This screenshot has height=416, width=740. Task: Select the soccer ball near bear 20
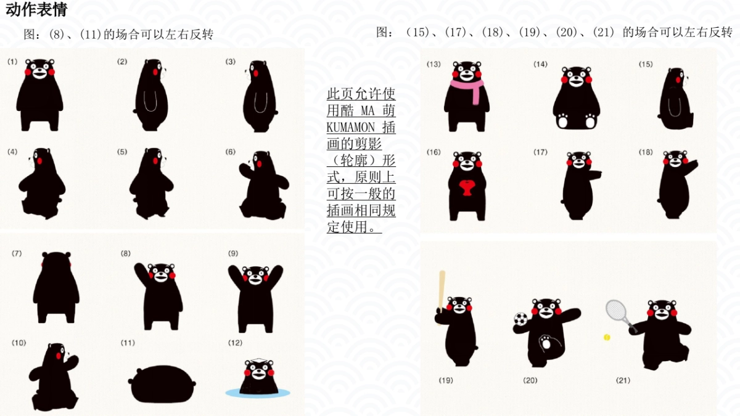point(520,319)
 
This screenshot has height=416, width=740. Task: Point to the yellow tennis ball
point(607,338)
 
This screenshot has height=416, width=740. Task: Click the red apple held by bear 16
point(467,187)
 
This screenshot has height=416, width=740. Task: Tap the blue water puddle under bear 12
point(258,393)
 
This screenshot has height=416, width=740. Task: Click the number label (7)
point(17,253)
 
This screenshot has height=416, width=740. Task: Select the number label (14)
point(540,64)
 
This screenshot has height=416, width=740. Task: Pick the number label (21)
point(623,380)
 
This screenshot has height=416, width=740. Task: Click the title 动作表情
point(36,9)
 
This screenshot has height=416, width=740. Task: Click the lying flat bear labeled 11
point(162,383)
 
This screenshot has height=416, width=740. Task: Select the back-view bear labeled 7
point(56,287)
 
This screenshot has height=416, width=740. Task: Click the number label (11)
point(128,343)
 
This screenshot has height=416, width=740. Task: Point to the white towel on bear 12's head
point(258,361)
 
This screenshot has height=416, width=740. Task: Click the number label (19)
point(446,380)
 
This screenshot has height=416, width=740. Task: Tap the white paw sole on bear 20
point(546,343)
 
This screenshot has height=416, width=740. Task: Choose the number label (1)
point(12,62)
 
